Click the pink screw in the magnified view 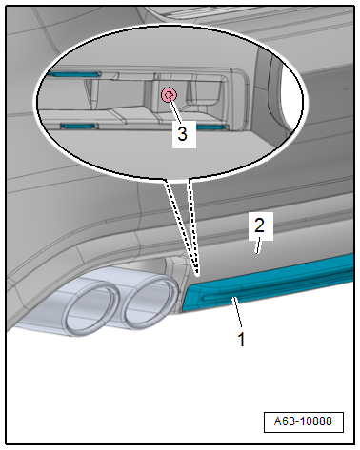(x=169, y=95)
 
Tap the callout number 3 (x=182, y=133)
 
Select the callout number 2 (x=259, y=225)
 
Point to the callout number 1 (x=242, y=340)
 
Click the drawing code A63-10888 (x=303, y=421)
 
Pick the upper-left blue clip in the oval (x=73, y=74)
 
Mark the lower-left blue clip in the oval (x=78, y=127)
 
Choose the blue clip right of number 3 (x=212, y=127)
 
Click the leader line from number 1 (x=238, y=312)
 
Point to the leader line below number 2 (x=259, y=247)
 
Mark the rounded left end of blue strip (x=188, y=296)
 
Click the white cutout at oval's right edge (x=292, y=95)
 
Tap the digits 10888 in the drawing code (x=316, y=421)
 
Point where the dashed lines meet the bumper (x=198, y=274)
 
